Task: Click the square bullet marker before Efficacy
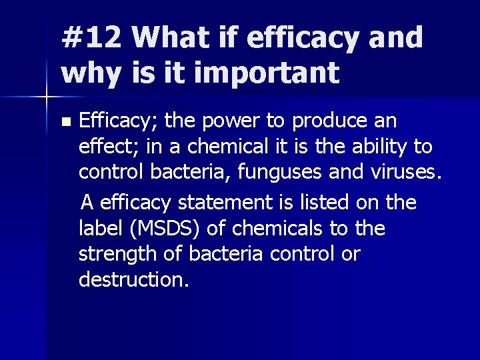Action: point(65,123)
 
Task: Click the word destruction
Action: point(133,279)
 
